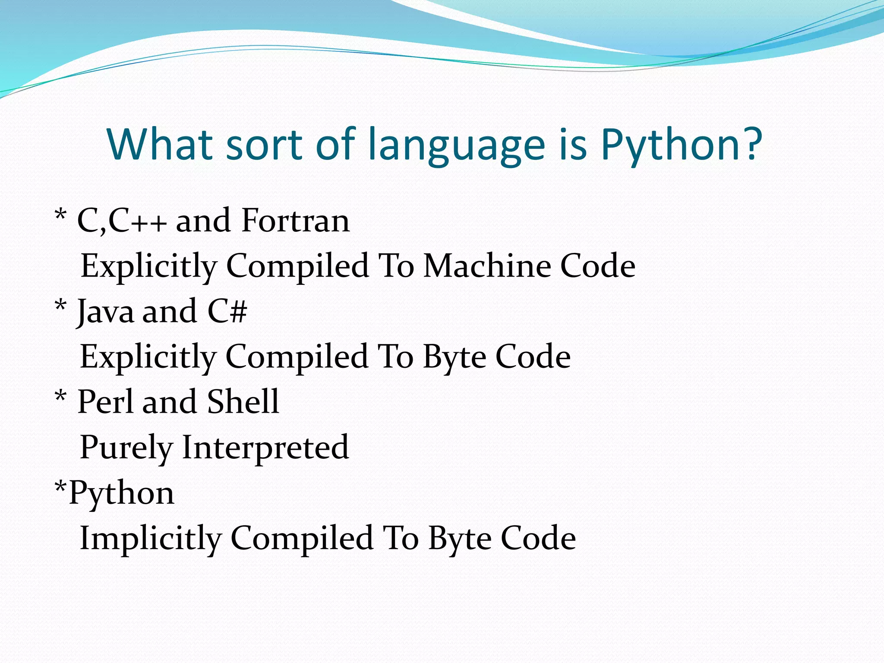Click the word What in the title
tap(160, 144)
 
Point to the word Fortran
tap(295, 221)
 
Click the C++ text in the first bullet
tap(137, 221)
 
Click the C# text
tap(227, 311)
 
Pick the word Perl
tap(105, 401)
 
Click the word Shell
tap(243, 401)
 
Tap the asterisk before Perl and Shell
tap(61, 395)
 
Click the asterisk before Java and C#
tap(61, 305)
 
